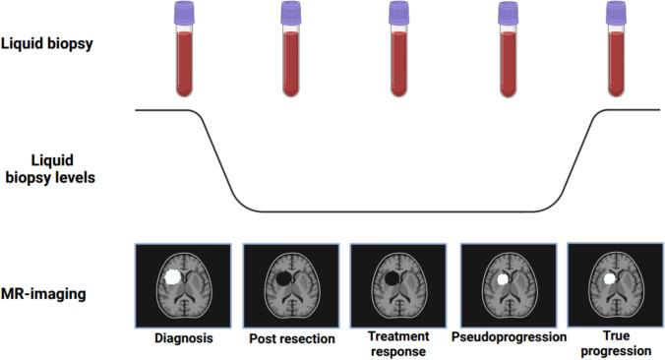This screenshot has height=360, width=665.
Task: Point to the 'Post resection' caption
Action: [290, 339]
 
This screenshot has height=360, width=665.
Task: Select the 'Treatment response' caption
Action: [398, 344]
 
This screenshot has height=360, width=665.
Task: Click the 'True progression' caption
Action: [615, 344]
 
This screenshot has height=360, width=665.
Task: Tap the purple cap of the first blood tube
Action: [184, 13]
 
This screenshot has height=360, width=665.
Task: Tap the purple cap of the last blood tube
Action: [616, 13]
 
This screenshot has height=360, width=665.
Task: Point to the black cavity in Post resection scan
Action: [284, 278]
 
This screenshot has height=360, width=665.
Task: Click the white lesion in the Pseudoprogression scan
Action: [503, 279]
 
